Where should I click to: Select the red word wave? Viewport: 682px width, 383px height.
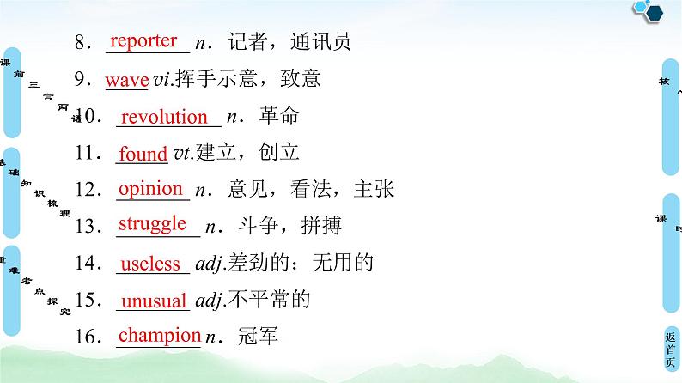[127, 80]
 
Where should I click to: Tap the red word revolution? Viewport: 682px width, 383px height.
[164, 117]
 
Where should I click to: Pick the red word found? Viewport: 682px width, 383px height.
[143, 155]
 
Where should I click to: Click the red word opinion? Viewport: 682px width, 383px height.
[150, 189]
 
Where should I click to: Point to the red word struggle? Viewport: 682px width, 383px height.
[152, 224]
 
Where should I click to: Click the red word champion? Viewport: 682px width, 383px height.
[159, 336]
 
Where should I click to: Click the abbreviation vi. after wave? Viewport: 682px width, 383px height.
[163, 81]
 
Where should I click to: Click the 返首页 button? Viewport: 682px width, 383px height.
[670, 350]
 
